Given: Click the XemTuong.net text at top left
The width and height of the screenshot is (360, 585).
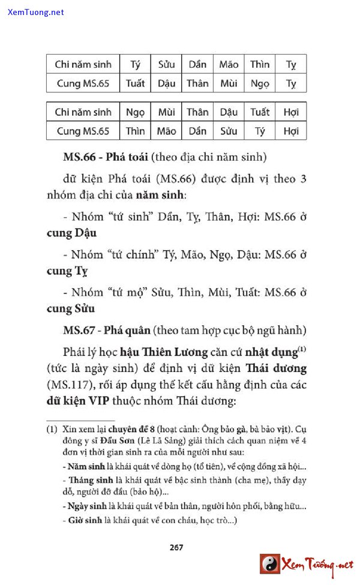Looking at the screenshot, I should [36, 12].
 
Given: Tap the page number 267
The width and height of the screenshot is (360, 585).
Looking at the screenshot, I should [176, 547].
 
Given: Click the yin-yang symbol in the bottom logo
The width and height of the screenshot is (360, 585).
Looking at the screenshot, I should [270, 564].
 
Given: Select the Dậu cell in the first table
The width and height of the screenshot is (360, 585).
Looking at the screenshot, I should [166, 83].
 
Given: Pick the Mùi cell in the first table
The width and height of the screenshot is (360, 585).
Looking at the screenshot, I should [229, 83].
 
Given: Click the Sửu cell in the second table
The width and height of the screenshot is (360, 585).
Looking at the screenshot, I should [229, 131].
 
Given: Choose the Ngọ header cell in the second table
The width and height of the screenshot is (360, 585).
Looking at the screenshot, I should [135, 112].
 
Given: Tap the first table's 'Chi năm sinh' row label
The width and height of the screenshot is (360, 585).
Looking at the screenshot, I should [83, 64].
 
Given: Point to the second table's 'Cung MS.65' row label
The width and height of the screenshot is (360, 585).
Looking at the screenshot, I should [83, 131].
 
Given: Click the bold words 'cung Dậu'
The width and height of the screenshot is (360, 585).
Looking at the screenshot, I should [71, 233].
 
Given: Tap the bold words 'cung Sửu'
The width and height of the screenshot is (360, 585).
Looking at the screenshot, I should [71, 309].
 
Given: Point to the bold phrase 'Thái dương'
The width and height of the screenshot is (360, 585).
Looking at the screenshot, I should [276, 368].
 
